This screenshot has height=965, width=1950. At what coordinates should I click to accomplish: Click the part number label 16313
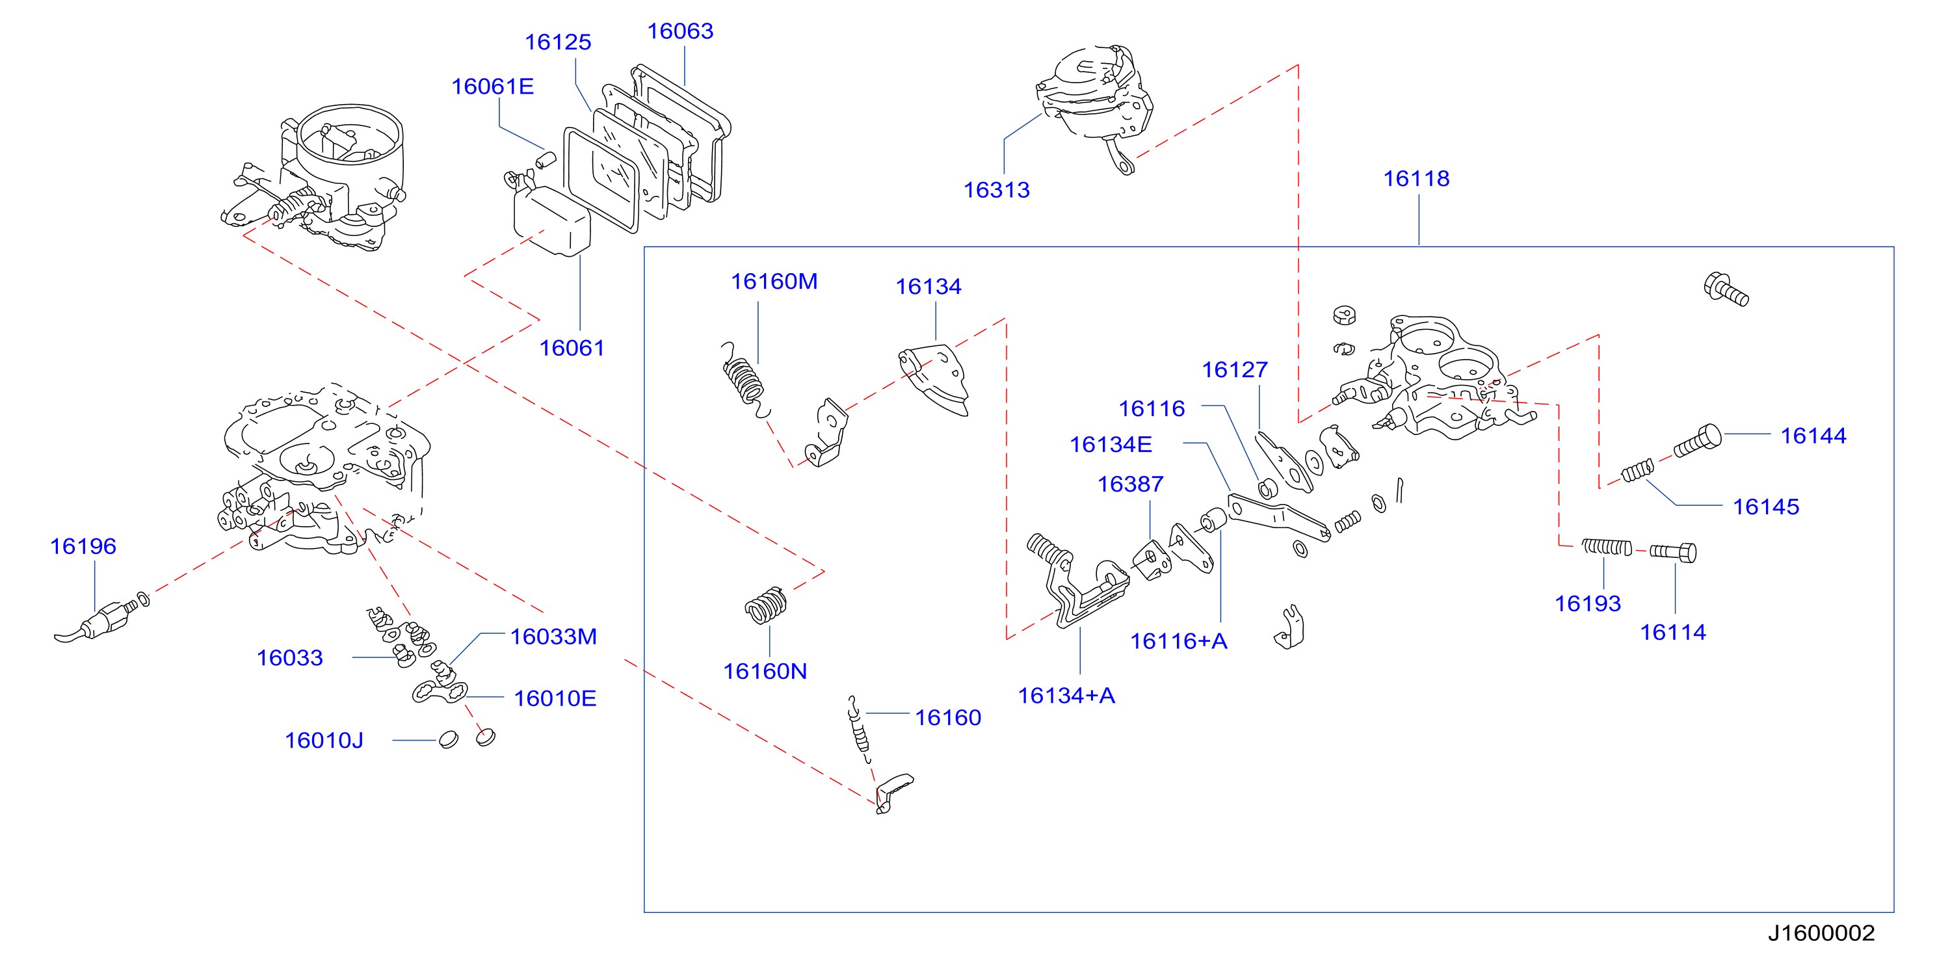pyautogui.click(x=996, y=190)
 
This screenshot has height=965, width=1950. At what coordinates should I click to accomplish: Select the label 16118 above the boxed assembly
pyautogui.click(x=1416, y=179)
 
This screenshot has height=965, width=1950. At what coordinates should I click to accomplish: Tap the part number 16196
pyautogui.click(x=83, y=546)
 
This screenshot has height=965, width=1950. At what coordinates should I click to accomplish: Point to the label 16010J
pyautogui.click(x=324, y=740)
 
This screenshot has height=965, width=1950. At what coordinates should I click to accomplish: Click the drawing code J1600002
pyautogui.click(x=1821, y=933)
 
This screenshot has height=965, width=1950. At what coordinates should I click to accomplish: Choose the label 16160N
pyautogui.click(x=765, y=671)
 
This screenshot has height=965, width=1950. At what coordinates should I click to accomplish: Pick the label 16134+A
pyautogui.click(x=1066, y=696)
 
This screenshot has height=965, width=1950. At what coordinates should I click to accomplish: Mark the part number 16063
pyautogui.click(x=681, y=31)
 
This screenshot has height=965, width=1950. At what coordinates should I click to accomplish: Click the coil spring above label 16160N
pyautogui.click(x=766, y=605)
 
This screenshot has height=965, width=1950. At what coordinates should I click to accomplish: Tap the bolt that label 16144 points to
pyautogui.click(x=1697, y=442)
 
